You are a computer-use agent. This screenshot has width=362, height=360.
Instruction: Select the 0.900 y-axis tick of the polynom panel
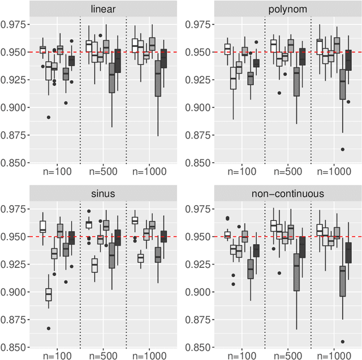tap(199, 107)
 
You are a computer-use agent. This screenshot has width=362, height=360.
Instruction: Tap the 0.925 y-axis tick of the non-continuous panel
tap(199, 264)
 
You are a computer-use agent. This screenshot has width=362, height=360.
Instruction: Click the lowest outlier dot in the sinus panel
tap(49, 328)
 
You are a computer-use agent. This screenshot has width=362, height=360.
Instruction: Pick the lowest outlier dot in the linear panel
tap(49, 118)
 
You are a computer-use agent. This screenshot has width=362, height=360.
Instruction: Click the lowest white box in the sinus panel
tap(49, 294)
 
